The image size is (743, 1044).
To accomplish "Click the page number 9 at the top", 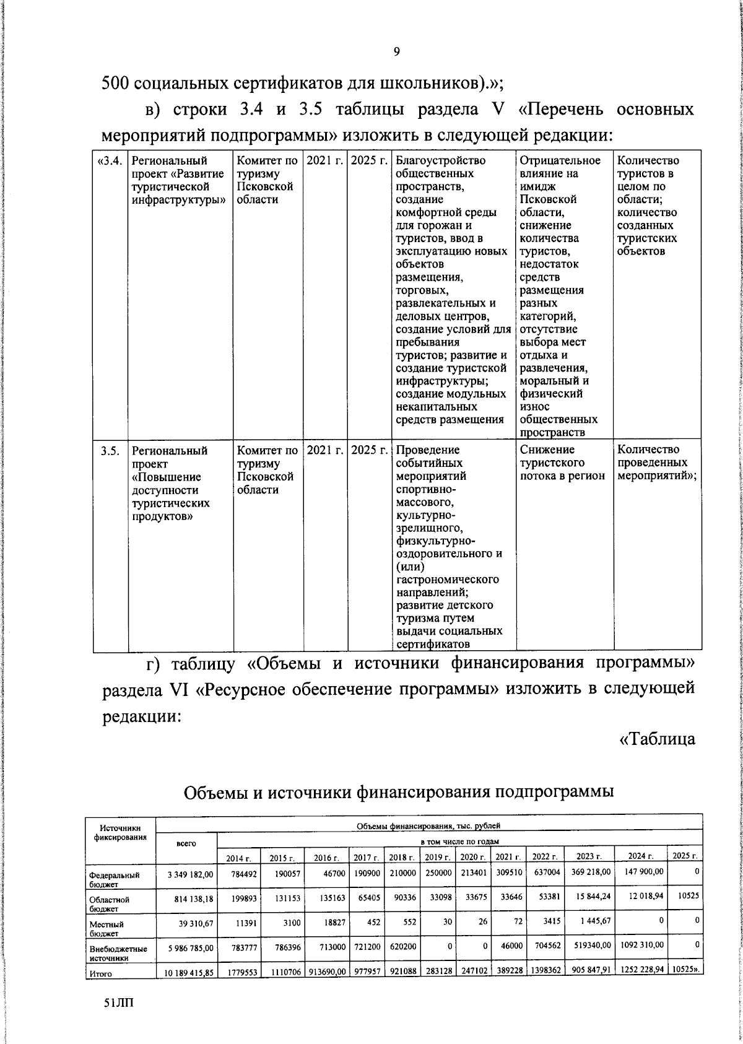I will pos(396,52).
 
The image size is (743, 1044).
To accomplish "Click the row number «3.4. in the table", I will pos(110,161).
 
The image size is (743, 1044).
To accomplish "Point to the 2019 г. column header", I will pos(438,857).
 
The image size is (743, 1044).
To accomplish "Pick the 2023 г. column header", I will pos(589,857).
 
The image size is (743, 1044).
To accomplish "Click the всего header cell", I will pos(186,843).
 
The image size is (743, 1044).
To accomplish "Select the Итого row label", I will pos(100,974).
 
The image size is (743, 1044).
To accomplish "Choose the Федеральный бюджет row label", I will pos(114,879).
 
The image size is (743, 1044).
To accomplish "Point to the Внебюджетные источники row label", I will pos(118,953).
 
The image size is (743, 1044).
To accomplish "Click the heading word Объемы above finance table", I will pos(217,791).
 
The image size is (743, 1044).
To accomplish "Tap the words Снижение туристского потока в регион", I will pos(562,463).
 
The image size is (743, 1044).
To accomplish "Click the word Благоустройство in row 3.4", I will pos(440,161).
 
